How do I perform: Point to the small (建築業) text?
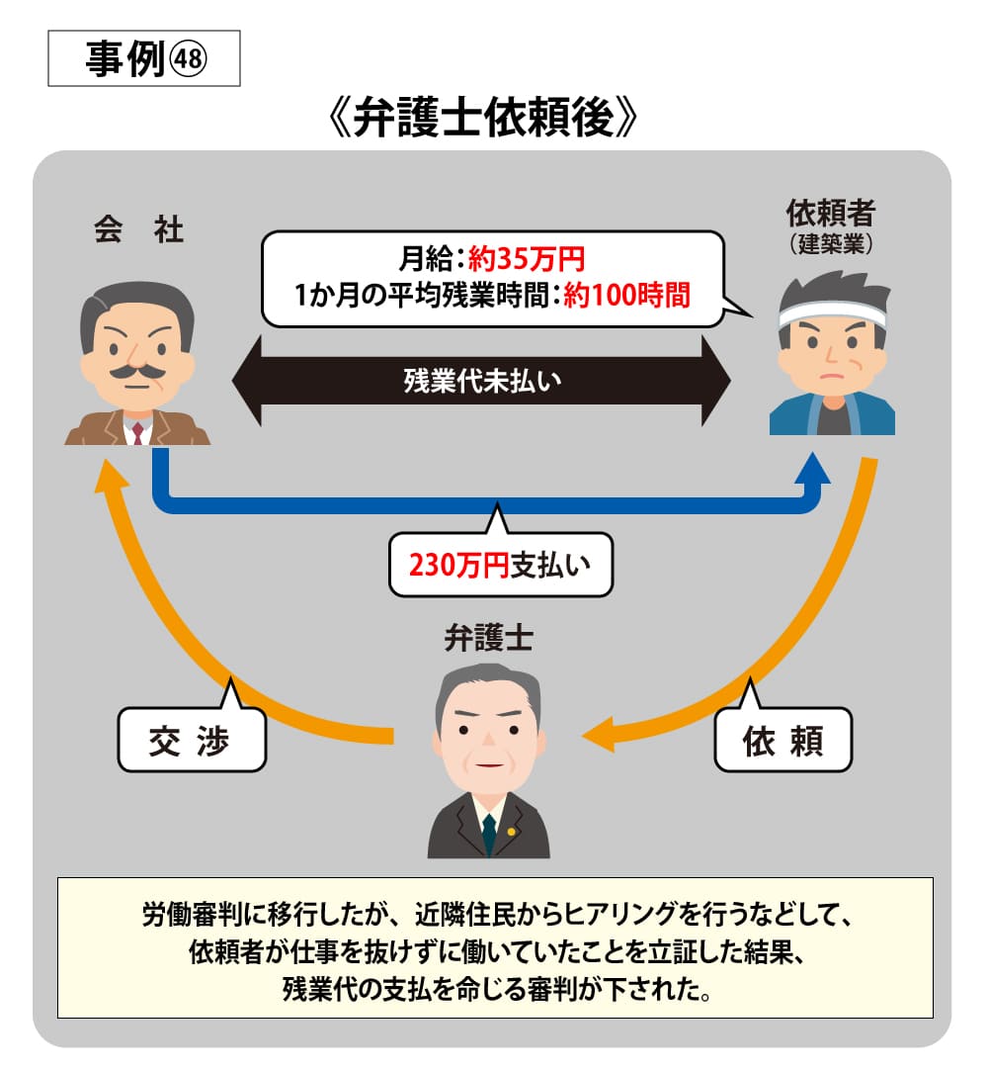(x=831, y=242)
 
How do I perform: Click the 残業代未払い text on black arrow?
(x=481, y=381)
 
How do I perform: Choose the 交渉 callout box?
(x=191, y=740)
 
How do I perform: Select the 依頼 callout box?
(x=782, y=740)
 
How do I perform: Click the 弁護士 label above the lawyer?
(x=488, y=638)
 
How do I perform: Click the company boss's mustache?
(x=137, y=371)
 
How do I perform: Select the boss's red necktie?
(x=138, y=432)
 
